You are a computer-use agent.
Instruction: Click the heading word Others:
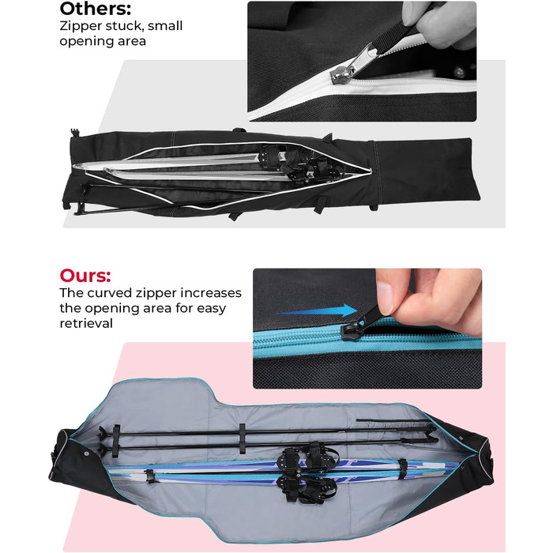coord(96,9)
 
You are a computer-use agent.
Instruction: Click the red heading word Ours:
coord(85,276)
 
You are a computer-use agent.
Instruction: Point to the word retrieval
coord(86,323)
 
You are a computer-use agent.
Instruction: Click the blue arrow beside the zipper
coord(316,310)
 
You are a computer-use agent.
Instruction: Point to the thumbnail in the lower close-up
coord(385,293)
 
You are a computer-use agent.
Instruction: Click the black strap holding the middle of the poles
coord(242,438)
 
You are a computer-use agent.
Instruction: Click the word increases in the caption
coord(211,293)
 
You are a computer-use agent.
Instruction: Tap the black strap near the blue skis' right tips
coord(401,469)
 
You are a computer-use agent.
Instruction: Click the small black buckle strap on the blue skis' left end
coord(149,476)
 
